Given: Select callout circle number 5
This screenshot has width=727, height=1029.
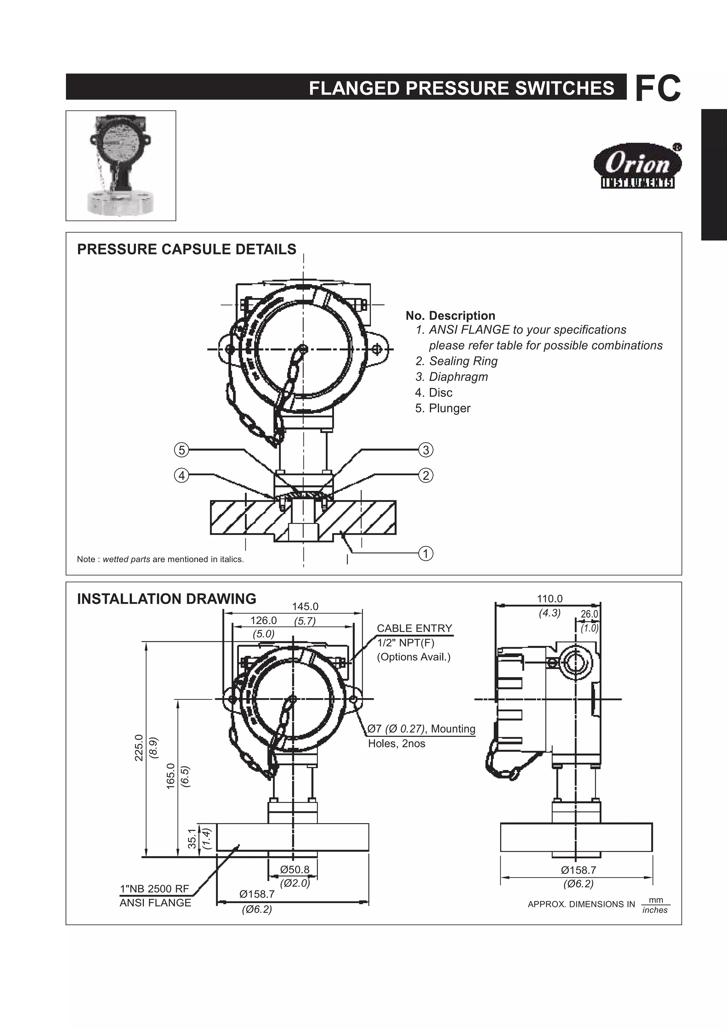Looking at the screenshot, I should tap(181, 450).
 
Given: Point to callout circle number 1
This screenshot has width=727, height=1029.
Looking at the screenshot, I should tap(425, 554).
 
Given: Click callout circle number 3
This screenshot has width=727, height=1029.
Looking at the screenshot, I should tap(425, 450).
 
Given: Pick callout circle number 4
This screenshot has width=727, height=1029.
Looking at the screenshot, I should tap(181, 475).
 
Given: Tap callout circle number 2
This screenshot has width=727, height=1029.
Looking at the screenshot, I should tap(425, 475).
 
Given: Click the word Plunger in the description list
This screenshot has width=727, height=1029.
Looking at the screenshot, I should tap(449, 408).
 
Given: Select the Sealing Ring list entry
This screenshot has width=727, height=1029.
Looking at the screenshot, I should tap(463, 361).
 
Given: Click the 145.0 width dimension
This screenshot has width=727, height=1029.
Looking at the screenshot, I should tap(305, 607).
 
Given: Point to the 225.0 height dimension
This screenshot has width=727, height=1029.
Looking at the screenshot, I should tap(138, 748).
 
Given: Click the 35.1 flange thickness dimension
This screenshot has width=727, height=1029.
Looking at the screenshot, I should tap(192, 838).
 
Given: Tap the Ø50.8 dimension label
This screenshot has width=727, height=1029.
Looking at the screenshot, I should tap(295, 869).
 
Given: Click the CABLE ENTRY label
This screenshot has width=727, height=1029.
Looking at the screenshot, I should tap(414, 628).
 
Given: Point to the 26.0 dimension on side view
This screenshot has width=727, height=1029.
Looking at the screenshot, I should tap(589, 614).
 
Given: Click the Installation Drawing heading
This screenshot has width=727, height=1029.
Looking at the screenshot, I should tap(166, 599).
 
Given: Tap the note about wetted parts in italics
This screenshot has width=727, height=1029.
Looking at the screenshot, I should tap(160, 559).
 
